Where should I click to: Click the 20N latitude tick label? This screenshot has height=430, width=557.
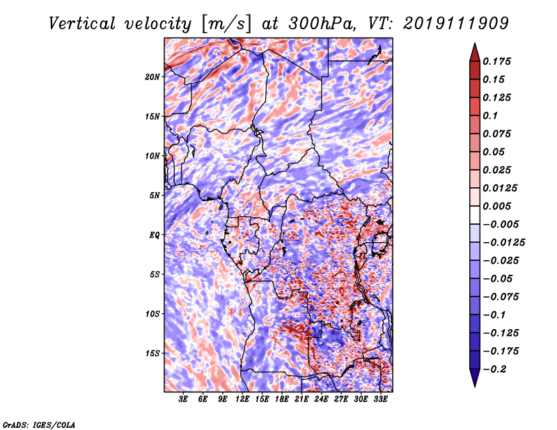pyautogui.click(x=152, y=77)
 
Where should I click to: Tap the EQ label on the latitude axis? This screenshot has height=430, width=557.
pyautogui.click(x=155, y=235)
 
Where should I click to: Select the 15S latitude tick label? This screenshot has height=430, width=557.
pyautogui.click(x=152, y=353)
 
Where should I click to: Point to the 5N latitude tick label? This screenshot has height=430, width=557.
pyautogui.click(x=155, y=196)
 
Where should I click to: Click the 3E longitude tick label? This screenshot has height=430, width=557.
pyautogui.click(x=183, y=399)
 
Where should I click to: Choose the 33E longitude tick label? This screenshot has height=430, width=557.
pyautogui.click(x=380, y=399)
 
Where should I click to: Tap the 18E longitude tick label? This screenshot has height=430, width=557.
pyautogui.click(x=282, y=399)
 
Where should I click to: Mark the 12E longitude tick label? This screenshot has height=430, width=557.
pyautogui.click(x=242, y=399)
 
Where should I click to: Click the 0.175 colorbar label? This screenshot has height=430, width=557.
pyautogui.click(x=496, y=61)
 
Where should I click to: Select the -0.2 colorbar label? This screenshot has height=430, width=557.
pyautogui.click(x=494, y=369)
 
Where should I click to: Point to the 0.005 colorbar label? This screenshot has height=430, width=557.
pyautogui.click(x=496, y=206)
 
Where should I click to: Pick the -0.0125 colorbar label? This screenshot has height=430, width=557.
pyautogui.click(x=503, y=243)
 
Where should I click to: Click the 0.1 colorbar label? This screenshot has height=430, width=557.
pyautogui.click(x=490, y=116)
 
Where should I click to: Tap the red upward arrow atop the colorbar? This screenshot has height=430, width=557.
pyautogui.click(x=475, y=52)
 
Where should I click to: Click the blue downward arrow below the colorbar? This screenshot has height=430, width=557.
pyautogui.click(x=475, y=378)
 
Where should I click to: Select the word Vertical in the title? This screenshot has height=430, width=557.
pyautogui.click(x=82, y=24)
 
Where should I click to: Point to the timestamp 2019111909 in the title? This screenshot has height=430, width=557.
pyautogui.click(x=456, y=24)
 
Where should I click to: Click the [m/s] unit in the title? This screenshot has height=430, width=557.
pyautogui.click(x=227, y=24)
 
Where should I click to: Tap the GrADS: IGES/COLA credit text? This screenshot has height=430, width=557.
pyautogui.click(x=39, y=424)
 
